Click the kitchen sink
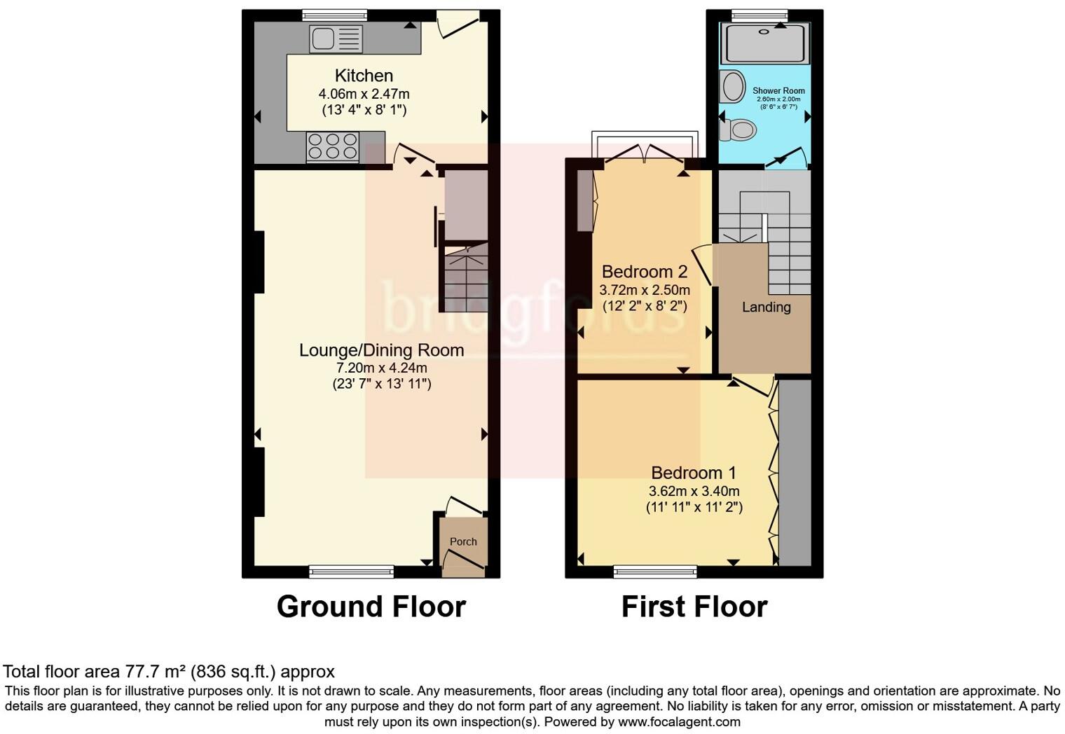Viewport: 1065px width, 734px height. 336,39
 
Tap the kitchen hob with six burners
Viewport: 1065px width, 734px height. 332,147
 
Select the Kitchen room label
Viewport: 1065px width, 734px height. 364,76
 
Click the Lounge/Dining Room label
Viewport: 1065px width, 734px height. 381,350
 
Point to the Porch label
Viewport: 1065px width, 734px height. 463,541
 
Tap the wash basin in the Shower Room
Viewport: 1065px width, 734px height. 733,87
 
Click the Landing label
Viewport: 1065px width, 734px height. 766,307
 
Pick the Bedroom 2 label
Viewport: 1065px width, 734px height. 644,272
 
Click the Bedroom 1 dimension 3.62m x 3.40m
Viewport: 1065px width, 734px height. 694,491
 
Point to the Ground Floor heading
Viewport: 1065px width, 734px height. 371,607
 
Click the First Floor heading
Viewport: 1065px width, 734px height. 694,607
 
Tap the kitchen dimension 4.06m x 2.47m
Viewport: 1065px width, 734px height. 364,94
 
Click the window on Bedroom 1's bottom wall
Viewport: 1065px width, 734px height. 655,572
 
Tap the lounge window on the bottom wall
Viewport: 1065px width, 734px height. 351,572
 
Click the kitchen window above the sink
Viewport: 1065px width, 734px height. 334,15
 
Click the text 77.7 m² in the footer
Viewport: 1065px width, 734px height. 155,672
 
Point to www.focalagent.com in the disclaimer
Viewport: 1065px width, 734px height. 679,721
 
